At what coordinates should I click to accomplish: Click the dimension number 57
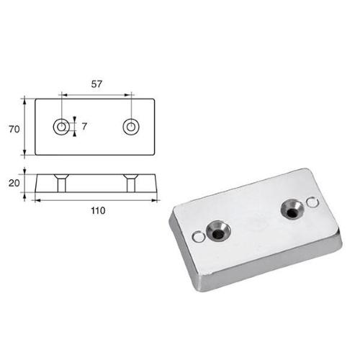(96, 84)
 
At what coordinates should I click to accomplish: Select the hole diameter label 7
(85, 127)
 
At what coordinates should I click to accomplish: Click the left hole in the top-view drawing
(63, 127)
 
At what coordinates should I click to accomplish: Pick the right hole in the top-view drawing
(131, 127)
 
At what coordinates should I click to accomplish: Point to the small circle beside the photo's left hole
(197, 235)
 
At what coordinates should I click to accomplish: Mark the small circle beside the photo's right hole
(310, 203)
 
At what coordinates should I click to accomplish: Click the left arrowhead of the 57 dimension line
(65, 94)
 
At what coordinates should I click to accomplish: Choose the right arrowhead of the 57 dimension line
(129, 94)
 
